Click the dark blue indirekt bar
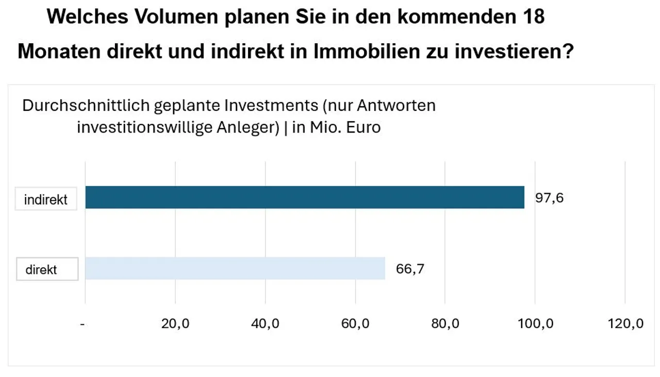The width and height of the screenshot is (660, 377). (304, 198)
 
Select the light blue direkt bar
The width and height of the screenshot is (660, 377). (235, 268)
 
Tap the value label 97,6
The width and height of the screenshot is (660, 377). (549, 198)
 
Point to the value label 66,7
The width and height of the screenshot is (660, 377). (410, 269)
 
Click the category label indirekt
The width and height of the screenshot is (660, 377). (46, 200)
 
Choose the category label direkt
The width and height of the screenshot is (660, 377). (41, 269)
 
